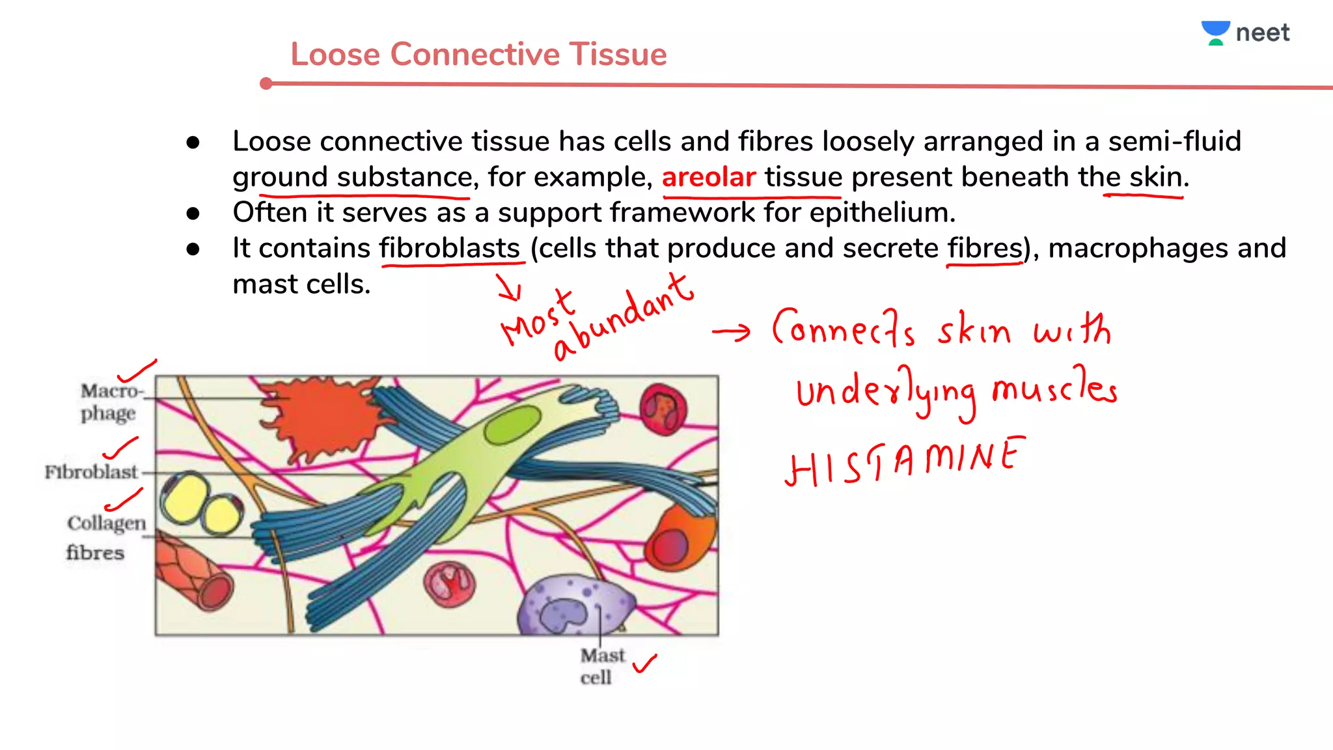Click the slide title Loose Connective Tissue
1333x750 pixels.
pos(478,54)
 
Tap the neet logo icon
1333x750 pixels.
pos(1215,33)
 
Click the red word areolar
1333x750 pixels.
pos(708,177)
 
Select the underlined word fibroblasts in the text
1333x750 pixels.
pos(450,248)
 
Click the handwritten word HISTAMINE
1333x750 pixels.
pos(905,461)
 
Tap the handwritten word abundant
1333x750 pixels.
pos(624,317)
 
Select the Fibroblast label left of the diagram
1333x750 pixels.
pos(91,471)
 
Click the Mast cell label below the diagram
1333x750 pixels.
pos(601,665)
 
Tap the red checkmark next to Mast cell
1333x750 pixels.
pos(644,663)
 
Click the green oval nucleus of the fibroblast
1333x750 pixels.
pos(512,424)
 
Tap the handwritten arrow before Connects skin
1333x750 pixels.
pos(731,332)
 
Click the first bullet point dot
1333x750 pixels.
pos(193,142)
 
